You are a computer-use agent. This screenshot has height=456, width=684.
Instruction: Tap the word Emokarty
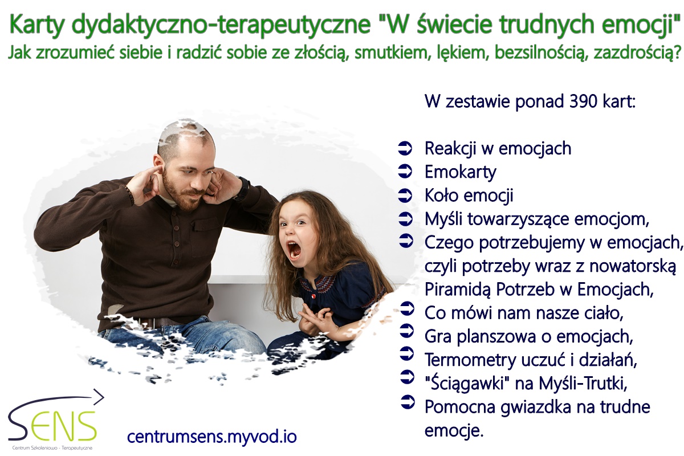tap(461, 172)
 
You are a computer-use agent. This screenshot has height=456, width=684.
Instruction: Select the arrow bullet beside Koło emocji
tap(405, 195)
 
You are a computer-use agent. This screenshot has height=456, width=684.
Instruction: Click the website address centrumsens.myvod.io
tap(211, 437)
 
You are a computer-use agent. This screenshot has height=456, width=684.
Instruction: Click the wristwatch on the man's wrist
tap(244, 187)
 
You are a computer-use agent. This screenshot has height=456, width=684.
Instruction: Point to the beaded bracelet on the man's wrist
tap(130, 195)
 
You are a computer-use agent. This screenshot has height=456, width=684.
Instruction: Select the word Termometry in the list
tap(470, 360)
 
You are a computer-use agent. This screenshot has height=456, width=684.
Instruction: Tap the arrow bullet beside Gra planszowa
tap(407, 331)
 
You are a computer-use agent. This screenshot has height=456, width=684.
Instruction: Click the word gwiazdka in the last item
tap(536, 407)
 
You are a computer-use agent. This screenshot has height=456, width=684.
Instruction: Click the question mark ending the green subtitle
tap(677, 52)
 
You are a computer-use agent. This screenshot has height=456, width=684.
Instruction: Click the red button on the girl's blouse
tap(313, 296)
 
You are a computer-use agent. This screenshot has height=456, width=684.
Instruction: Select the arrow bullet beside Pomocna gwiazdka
tap(408, 402)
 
